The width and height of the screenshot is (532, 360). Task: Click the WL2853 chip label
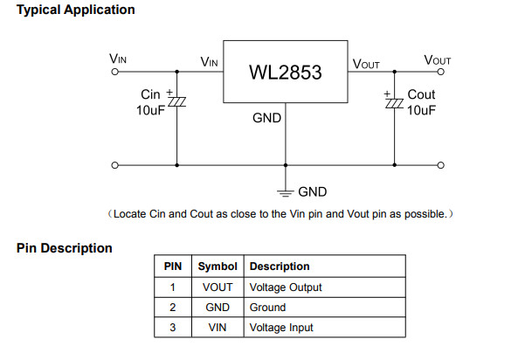[x=286, y=73]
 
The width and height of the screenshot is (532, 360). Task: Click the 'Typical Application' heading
[x=76, y=10]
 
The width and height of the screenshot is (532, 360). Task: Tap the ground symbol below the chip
[x=285, y=190]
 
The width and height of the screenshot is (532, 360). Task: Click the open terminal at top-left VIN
[x=114, y=73]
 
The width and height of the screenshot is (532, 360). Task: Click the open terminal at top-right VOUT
[x=441, y=73]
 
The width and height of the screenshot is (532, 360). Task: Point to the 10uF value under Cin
[x=150, y=110]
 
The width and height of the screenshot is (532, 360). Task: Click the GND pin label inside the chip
[x=267, y=117]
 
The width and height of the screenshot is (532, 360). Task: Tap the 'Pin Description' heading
[x=65, y=248]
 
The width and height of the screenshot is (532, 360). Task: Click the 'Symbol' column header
[x=218, y=267]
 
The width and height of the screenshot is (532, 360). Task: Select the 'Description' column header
[x=280, y=267]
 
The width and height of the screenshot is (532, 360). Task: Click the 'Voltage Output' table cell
[x=286, y=287]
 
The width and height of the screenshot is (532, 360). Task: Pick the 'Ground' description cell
[x=267, y=308]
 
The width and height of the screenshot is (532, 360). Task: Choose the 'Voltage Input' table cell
[x=281, y=328]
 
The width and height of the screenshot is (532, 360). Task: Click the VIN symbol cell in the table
[x=218, y=328]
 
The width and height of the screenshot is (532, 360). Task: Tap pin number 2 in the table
[x=173, y=308]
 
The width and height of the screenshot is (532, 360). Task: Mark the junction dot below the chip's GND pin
[x=285, y=164]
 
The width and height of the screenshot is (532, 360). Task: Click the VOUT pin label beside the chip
[x=366, y=64]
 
